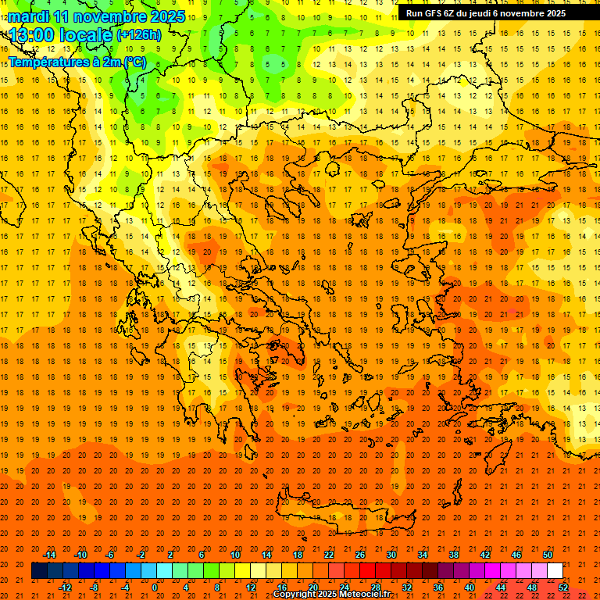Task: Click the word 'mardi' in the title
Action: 30,16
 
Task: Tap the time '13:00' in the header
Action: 36,34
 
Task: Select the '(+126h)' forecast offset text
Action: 139,34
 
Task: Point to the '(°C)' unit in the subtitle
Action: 134,62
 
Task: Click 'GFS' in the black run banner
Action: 433,13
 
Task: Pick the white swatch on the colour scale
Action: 555,571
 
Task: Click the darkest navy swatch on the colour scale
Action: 39,571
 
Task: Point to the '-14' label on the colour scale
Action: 49,555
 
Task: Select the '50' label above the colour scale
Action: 548,555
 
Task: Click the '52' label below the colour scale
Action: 563,587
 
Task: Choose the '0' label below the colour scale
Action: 155,587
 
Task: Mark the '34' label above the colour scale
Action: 423,555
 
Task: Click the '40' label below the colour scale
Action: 470,587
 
